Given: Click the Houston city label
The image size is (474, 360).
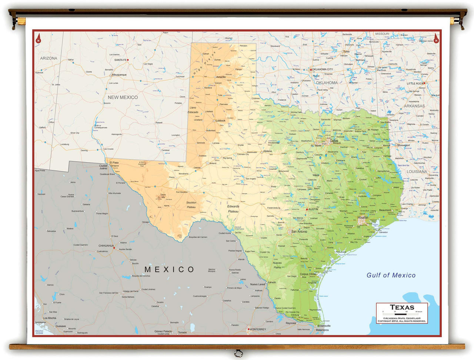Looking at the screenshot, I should [363, 217].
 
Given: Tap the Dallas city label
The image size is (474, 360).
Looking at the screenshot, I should [334, 141].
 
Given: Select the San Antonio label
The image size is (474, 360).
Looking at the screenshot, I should [299, 231].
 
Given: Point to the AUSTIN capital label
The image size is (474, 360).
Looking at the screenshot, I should [313, 209].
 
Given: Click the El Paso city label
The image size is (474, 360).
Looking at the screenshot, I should [114, 163].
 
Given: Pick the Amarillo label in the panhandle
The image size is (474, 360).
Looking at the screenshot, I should [221, 77].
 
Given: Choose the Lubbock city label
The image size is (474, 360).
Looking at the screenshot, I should [221, 120].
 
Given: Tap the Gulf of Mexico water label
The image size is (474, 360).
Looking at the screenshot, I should [391, 275].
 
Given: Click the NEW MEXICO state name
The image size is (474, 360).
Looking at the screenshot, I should [123, 97].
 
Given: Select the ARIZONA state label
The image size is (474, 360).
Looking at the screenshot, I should [49, 58].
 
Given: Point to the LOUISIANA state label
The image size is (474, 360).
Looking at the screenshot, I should [417, 171].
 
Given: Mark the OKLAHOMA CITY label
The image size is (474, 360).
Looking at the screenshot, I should [322, 69].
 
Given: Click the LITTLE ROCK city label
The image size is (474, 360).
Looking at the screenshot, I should [415, 83].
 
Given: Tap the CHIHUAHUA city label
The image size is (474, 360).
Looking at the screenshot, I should [106, 246].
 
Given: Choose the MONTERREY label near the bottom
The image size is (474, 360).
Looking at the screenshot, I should [258, 329].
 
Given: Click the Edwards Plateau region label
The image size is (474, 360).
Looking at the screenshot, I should [233, 209].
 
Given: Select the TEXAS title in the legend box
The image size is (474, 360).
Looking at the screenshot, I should [402, 307].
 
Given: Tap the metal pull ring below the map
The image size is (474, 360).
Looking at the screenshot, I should [238, 353].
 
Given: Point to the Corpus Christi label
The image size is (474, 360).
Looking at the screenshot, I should [308, 274].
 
